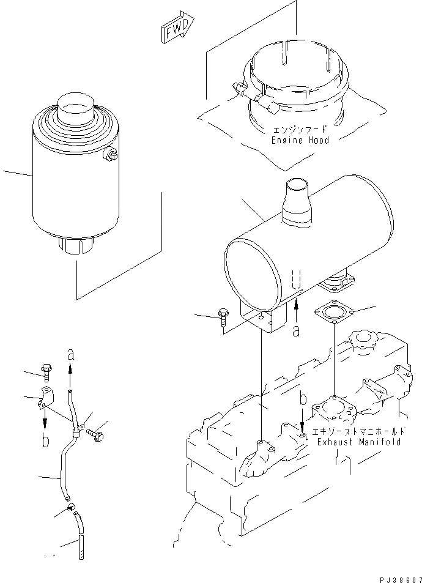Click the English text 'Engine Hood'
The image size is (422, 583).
pyautogui.click(x=300, y=140)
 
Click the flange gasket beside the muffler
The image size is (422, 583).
pyautogui.click(x=332, y=314)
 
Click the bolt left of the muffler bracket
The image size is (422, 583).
pyautogui.click(x=223, y=317)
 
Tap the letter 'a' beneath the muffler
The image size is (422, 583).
pyautogui.click(x=296, y=330)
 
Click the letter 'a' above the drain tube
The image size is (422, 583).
pyautogui.click(x=70, y=354)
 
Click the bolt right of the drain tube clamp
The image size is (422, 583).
pyautogui.click(x=96, y=435)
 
